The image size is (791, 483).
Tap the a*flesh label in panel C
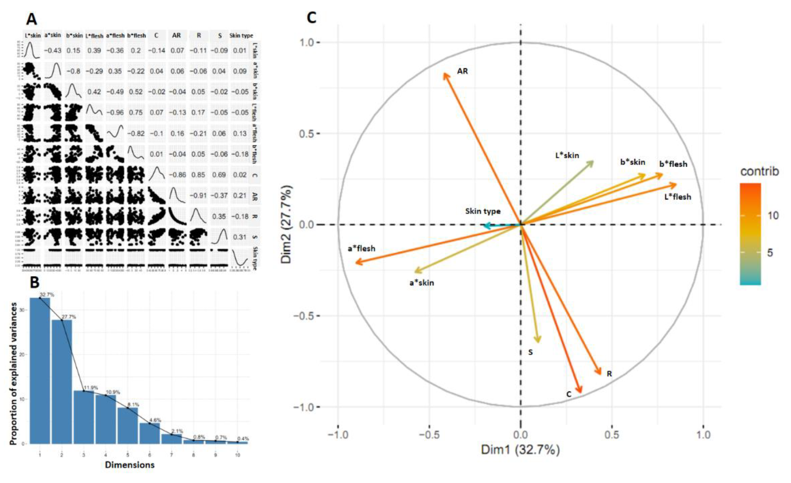(x=361, y=248)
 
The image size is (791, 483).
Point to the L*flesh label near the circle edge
(x=677, y=197)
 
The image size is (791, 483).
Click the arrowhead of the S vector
(x=539, y=341)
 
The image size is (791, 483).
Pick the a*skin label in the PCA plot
(x=421, y=283)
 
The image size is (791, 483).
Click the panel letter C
(x=311, y=18)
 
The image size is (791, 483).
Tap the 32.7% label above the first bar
(x=47, y=294)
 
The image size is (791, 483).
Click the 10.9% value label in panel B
(x=113, y=392)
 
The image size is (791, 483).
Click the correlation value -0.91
(x=198, y=195)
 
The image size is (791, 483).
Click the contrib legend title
(x=759, y=172)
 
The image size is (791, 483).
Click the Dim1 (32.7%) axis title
(x=520, y=450)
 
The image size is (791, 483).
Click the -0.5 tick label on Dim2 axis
(x=303, y=316)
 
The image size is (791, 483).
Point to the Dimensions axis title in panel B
(x=130, y=465)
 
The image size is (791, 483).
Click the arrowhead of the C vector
(x=580, y=392)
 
